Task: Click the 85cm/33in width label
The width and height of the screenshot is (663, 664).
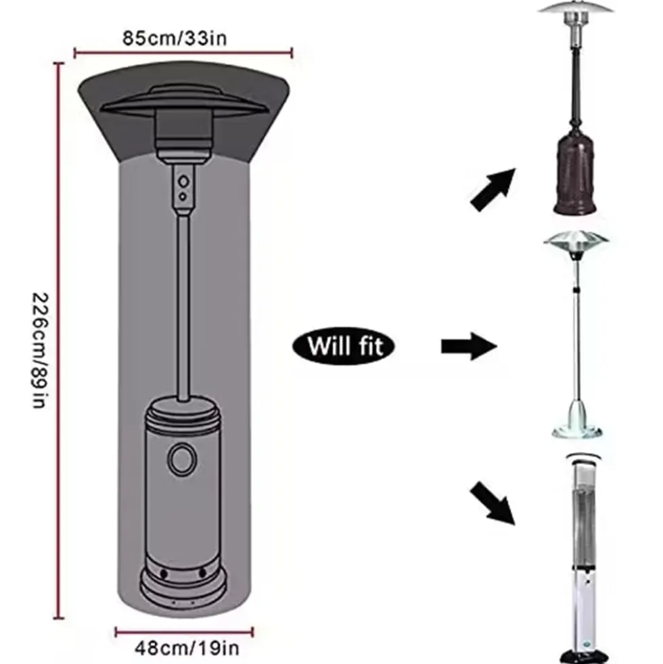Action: pos(175,38)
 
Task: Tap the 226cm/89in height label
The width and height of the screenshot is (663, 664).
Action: pos(39,350)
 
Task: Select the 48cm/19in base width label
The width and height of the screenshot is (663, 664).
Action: pos(187,648)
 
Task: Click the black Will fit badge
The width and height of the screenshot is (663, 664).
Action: pos(344,346)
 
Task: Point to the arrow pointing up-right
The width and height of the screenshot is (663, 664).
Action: pos(494,189)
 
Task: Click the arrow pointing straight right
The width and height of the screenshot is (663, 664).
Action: pos(469,346)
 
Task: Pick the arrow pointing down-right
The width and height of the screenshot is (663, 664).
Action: pos(493,503)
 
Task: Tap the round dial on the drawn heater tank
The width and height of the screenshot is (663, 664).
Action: pos(182,459)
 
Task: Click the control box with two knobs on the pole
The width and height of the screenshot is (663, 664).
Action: pos(183,187)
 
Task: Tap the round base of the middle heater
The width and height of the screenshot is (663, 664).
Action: pos(577,431)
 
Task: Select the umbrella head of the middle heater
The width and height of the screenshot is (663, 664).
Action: pos(576,243)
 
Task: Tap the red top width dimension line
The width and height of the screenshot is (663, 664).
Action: pos(183,53)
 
